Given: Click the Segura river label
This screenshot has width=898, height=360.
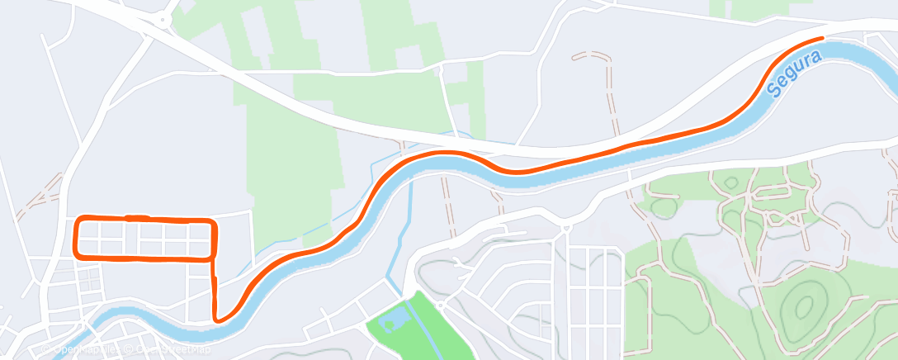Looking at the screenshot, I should (794, 73).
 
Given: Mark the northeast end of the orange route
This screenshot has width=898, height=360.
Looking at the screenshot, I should (823, 38).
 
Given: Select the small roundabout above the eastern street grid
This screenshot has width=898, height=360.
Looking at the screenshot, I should (565, 227).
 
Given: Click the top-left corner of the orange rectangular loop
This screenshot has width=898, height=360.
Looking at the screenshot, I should (78, 220).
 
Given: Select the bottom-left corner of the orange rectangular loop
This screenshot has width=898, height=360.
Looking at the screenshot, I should (77, 253).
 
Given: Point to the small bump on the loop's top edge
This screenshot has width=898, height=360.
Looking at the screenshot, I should (130, 217).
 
